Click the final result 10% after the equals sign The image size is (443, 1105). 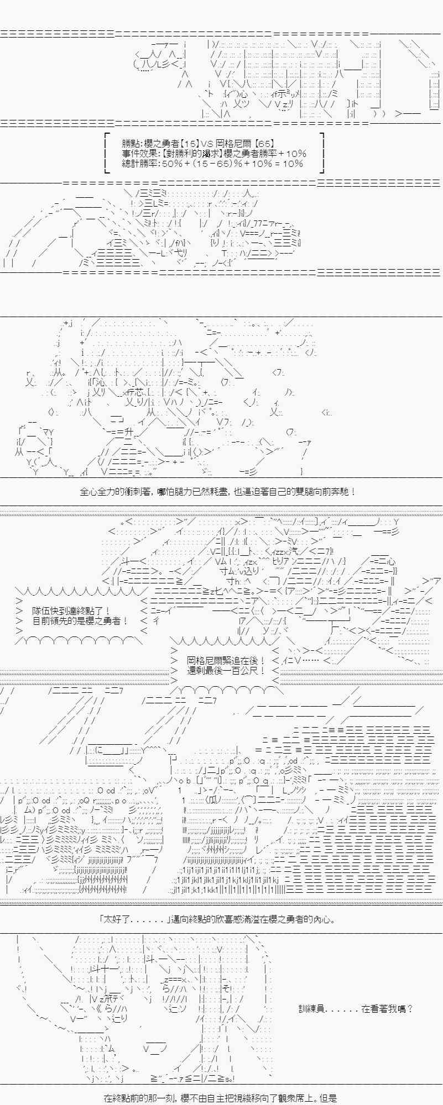[x=292, y=164]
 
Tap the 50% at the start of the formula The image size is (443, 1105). [x=172, y=164]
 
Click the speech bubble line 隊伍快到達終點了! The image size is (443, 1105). [x=72, y=611]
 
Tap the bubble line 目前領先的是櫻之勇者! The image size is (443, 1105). [x=81, y=621]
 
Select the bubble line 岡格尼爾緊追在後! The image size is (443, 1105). [x=227, y=661]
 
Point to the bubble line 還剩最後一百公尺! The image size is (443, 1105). [x=227, y=671]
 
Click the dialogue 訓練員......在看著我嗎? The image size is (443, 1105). [x=356, y=1009]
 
